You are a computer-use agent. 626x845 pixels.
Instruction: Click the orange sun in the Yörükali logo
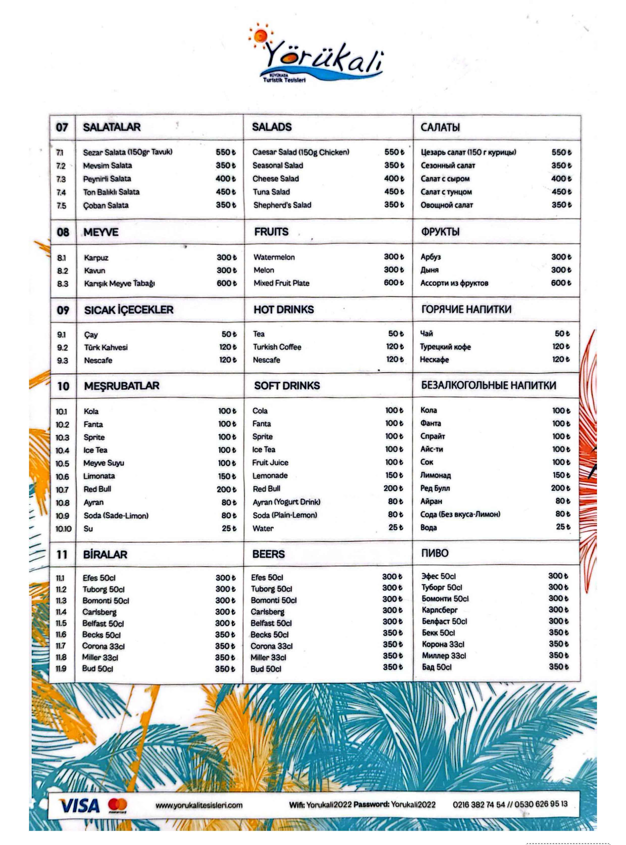261,36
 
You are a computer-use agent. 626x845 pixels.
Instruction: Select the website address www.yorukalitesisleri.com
199,805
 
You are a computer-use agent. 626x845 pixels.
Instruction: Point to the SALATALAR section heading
112,127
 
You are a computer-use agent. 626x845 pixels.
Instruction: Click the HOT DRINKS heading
283,309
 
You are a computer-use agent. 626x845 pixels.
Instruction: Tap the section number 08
63,232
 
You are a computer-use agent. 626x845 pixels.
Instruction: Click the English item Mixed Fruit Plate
281,283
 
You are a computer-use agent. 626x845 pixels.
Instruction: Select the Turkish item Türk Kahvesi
106,347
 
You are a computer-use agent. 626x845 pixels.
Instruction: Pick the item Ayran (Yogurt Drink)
286,502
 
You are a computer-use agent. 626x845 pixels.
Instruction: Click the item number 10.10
63,529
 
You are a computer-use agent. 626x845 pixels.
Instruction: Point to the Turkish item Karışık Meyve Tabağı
119,284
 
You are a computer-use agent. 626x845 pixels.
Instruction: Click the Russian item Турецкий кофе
445,347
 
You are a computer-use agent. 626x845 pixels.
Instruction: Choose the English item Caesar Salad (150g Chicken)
301,152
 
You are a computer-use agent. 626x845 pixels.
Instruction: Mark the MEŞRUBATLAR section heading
122,386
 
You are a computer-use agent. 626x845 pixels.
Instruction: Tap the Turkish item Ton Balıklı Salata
111,192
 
